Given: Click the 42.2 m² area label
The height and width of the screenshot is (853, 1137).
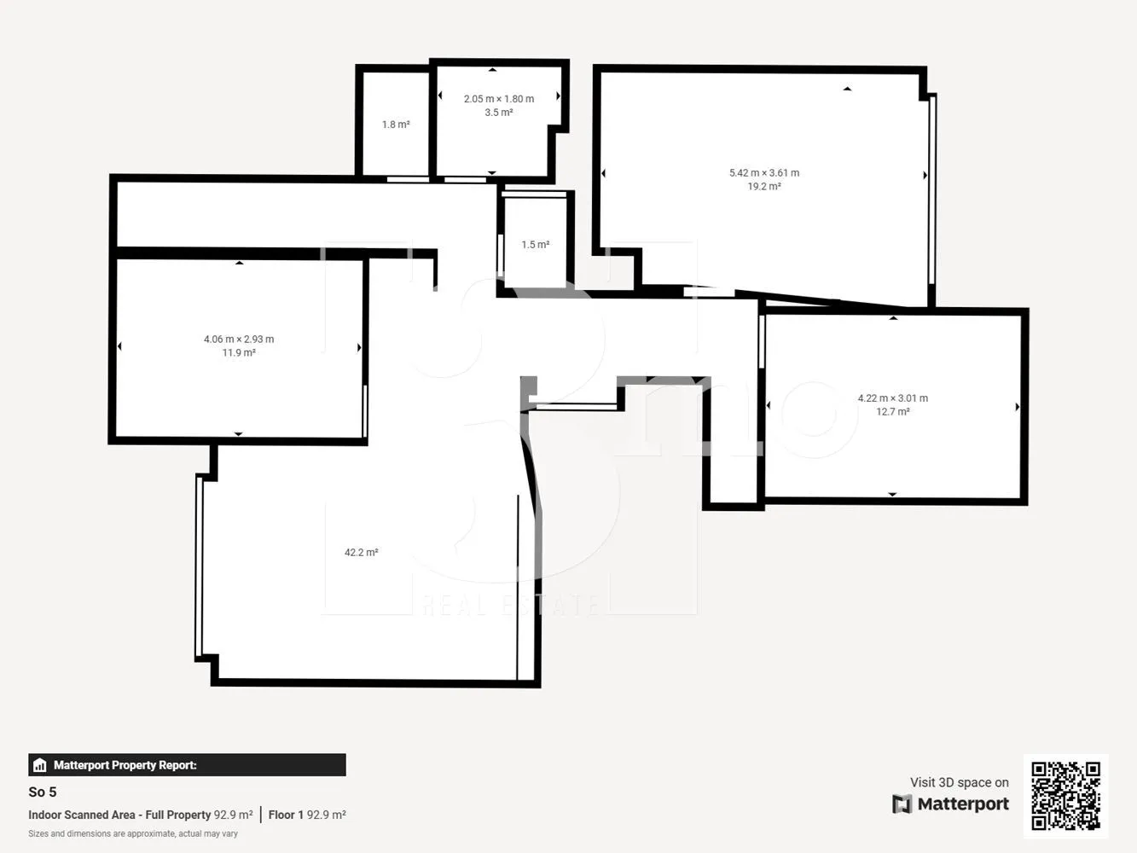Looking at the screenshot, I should pos(361,553).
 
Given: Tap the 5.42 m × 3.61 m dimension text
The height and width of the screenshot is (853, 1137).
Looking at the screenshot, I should pos(763,173).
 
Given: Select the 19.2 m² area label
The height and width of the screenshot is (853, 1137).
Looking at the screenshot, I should pos(763,187).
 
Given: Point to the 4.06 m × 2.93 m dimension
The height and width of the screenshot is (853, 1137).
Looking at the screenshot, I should pos(239,339).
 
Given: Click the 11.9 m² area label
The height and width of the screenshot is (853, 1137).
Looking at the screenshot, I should pos(239,353).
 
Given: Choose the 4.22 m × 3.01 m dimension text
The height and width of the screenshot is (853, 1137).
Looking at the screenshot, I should pos(892,398).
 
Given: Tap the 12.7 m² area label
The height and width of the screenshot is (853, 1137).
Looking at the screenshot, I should pos(892,412).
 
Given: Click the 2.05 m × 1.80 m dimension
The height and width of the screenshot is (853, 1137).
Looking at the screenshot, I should pos(498,99).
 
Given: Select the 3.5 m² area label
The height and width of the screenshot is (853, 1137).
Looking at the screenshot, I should pos(498,113).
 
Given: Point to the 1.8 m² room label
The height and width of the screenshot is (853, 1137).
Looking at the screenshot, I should pos(396,125).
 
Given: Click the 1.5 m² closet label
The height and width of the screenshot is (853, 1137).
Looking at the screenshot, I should pos(535,245).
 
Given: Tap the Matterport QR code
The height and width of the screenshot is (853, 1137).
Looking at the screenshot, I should pos(1065,796).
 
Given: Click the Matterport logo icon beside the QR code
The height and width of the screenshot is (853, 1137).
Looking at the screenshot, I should pos(902,804).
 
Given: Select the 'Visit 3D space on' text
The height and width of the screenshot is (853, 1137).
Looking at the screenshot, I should pos(959,782).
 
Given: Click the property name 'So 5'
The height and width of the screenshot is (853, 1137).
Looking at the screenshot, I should pos(43,792).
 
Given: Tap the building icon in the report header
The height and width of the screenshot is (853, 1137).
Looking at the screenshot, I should pos(39,765).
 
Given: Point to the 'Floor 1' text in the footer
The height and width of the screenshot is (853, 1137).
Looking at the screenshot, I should pos(286,815).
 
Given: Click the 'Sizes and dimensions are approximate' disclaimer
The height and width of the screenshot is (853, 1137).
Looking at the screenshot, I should pos(133,834).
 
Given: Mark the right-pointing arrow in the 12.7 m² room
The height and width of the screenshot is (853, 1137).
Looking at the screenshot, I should pos(1018,407).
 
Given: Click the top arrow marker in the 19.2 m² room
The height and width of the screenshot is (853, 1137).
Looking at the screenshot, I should pos(847,88).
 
